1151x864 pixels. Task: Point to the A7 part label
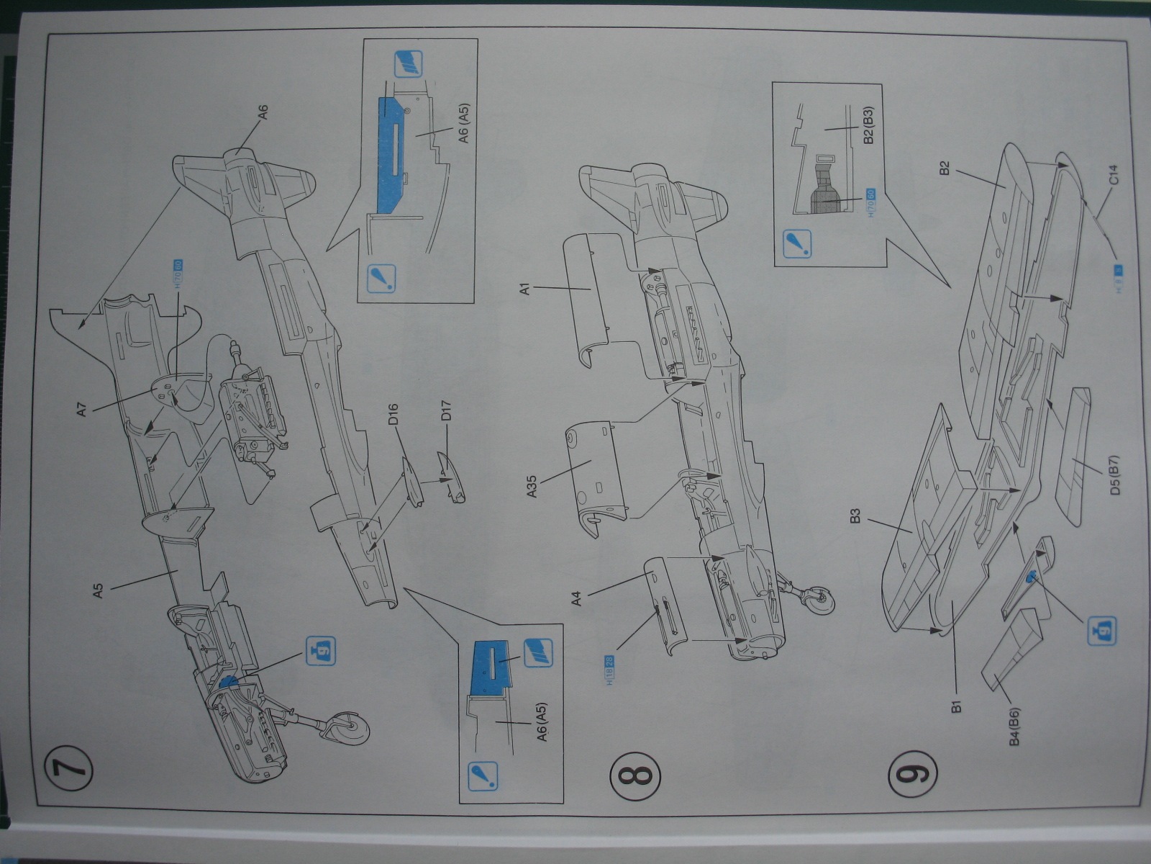82,410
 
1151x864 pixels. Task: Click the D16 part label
393,417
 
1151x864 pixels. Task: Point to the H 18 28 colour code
611,670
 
